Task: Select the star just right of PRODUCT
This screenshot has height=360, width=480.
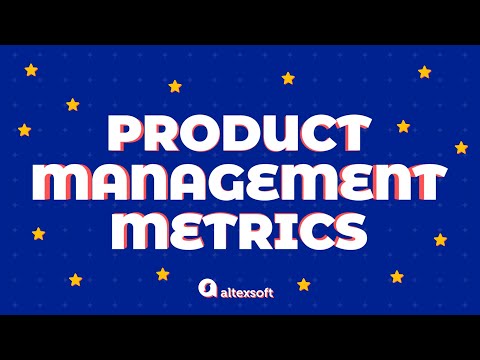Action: (x=403, y=127)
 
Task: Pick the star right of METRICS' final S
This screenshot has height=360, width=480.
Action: (x=440, y=240)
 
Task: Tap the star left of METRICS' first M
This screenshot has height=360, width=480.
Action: (x=39, y=234)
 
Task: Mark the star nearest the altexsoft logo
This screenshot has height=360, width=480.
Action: (x=163, y=274)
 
